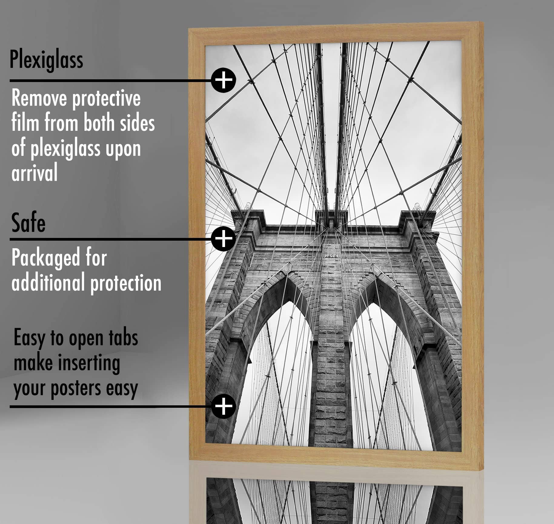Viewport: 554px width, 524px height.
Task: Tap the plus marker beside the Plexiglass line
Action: [224, 80]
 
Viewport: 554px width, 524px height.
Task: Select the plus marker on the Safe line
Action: [224, 239]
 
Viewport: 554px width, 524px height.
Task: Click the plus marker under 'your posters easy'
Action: [224, 406]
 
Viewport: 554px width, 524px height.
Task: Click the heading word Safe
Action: [28, 223]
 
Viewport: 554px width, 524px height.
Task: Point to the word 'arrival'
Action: [35, 173]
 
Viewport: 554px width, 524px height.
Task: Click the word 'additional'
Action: [48, 282]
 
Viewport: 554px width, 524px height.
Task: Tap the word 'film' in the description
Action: [25, 123]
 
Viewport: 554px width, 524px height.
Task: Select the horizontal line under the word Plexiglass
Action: [109, 81]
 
